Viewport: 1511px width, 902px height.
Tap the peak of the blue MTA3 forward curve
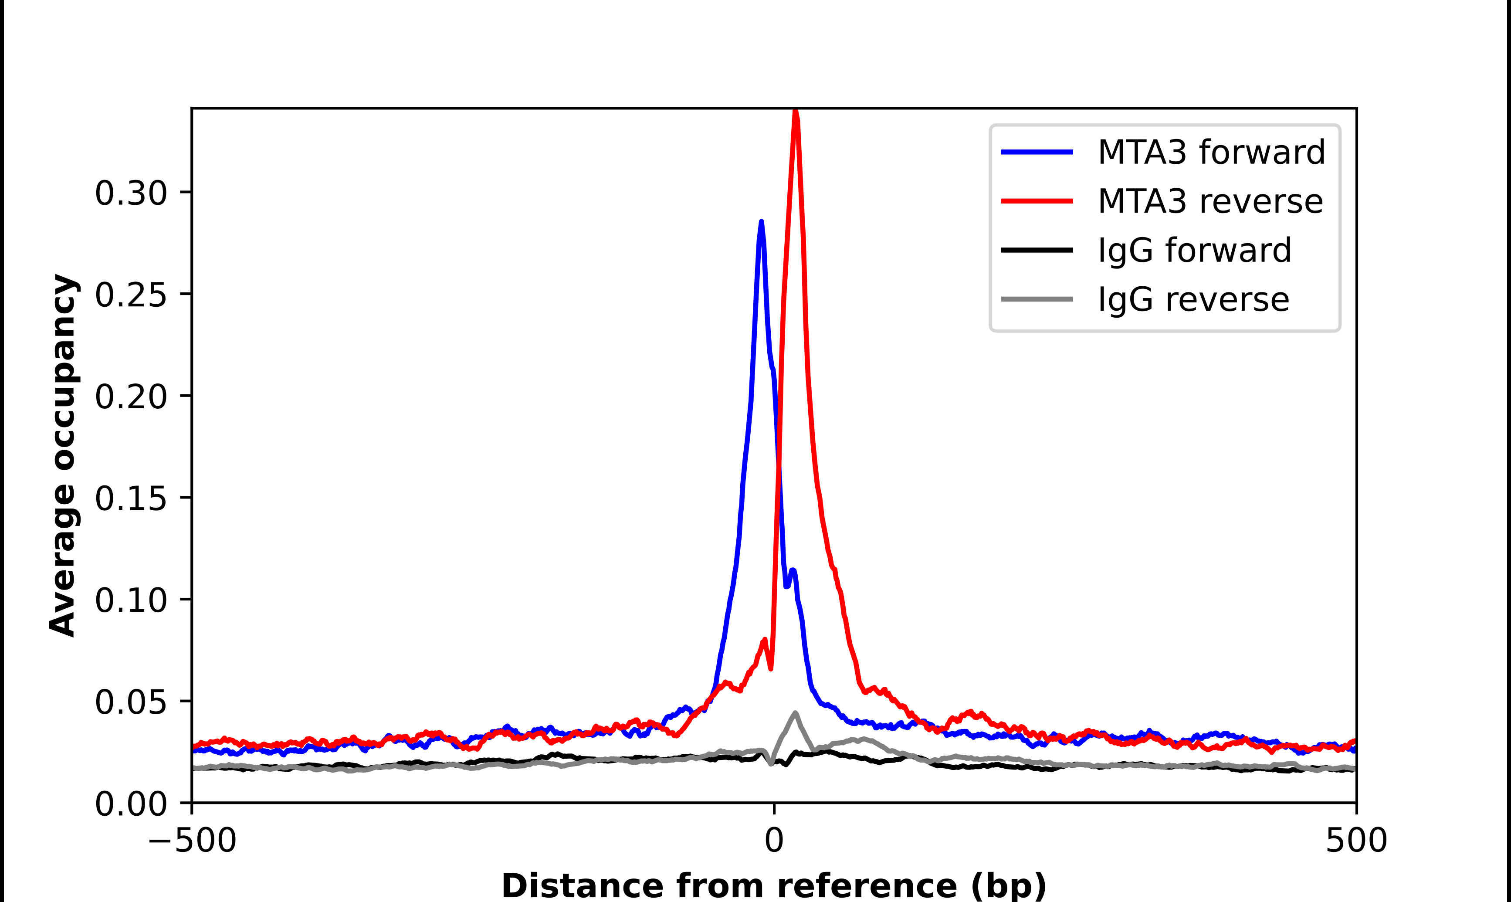761,223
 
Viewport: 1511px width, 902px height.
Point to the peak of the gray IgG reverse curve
795,713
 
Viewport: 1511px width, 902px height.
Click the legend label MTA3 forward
1211,152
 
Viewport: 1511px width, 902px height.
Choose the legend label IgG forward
1194,251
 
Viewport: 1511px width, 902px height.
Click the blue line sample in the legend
1037,152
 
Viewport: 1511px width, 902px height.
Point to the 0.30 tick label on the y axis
131,193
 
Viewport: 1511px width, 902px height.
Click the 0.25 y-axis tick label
131,295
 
